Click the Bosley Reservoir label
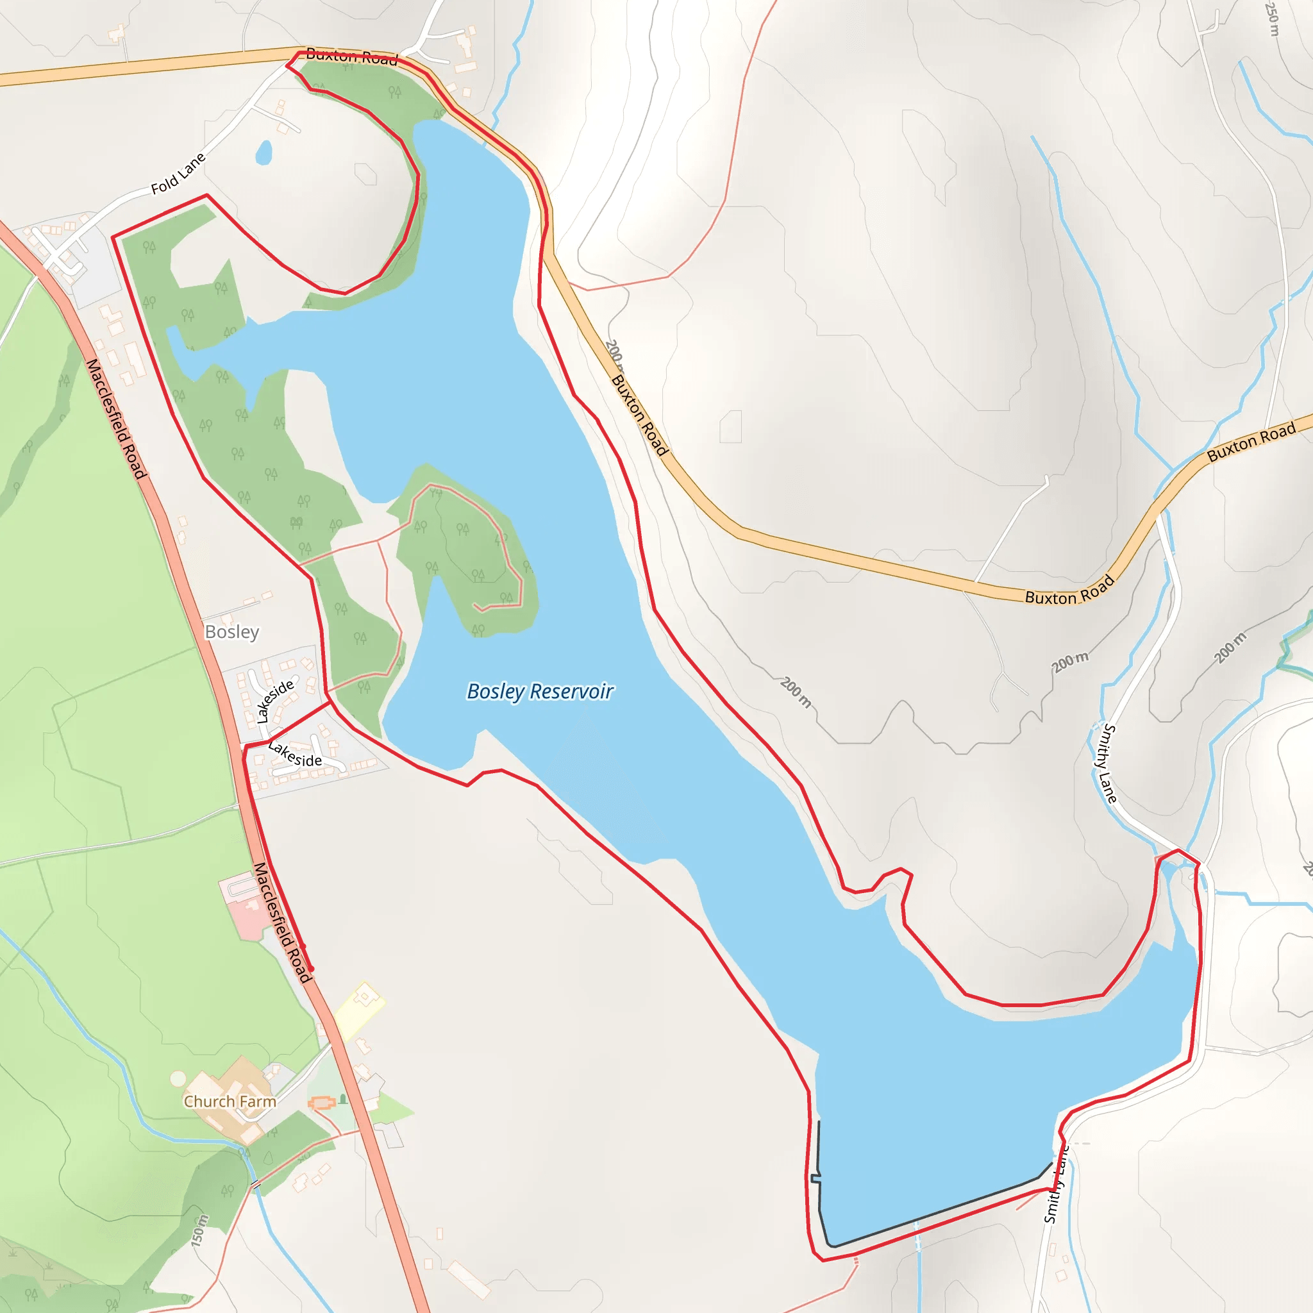tap(540, 691)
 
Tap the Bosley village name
tap(231, 632)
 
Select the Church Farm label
tap(230, 1101)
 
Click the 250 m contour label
tap(1272, 19)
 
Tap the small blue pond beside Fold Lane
tap(263, 153)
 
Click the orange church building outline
tap(322, 1102)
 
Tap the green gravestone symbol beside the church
tap(344, 1099)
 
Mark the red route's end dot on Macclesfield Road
tap(311, 969)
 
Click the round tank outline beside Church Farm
tap(178, 1078)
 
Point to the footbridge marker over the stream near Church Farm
tap(256, 1186)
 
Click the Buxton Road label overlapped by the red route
tap(351, 56)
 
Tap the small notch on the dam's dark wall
tap(815, 1177)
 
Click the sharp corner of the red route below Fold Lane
tap(113, 237)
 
